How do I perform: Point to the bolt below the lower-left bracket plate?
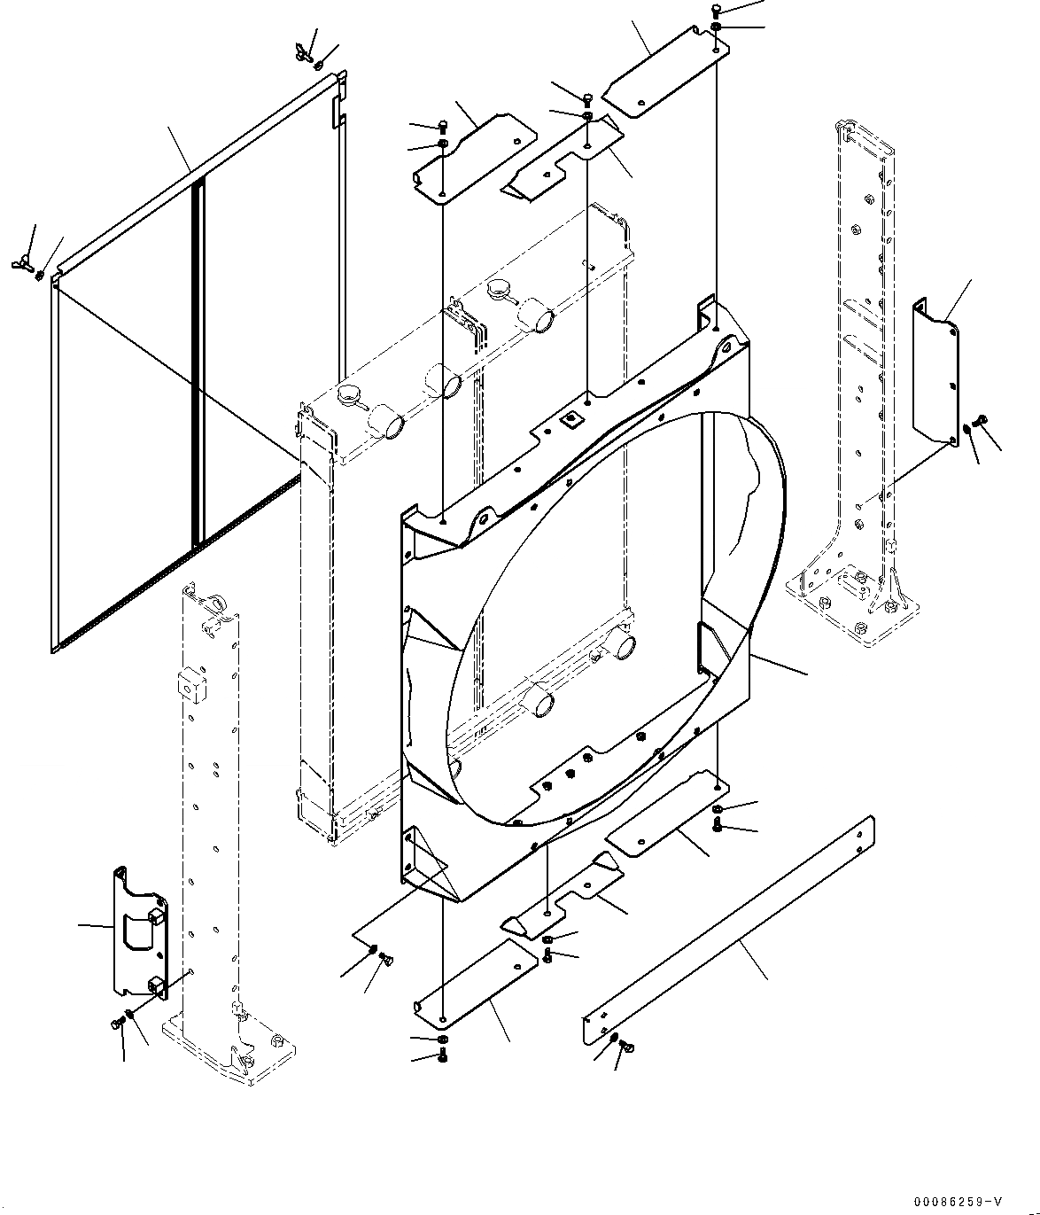(116, 1024)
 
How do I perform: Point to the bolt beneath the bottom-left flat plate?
(442, 1055)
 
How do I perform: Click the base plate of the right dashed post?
(855, 607)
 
